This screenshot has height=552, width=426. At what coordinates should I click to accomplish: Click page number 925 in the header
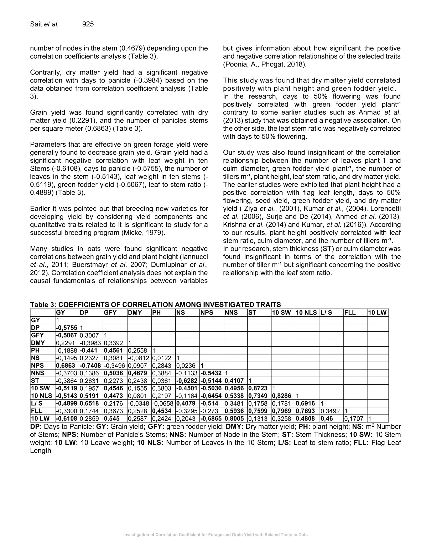coord(88,24)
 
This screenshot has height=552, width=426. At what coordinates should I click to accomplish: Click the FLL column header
coord(350,313)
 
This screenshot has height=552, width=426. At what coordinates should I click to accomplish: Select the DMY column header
coord(135,313)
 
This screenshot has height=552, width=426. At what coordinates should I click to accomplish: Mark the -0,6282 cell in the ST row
coord(187,381)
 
